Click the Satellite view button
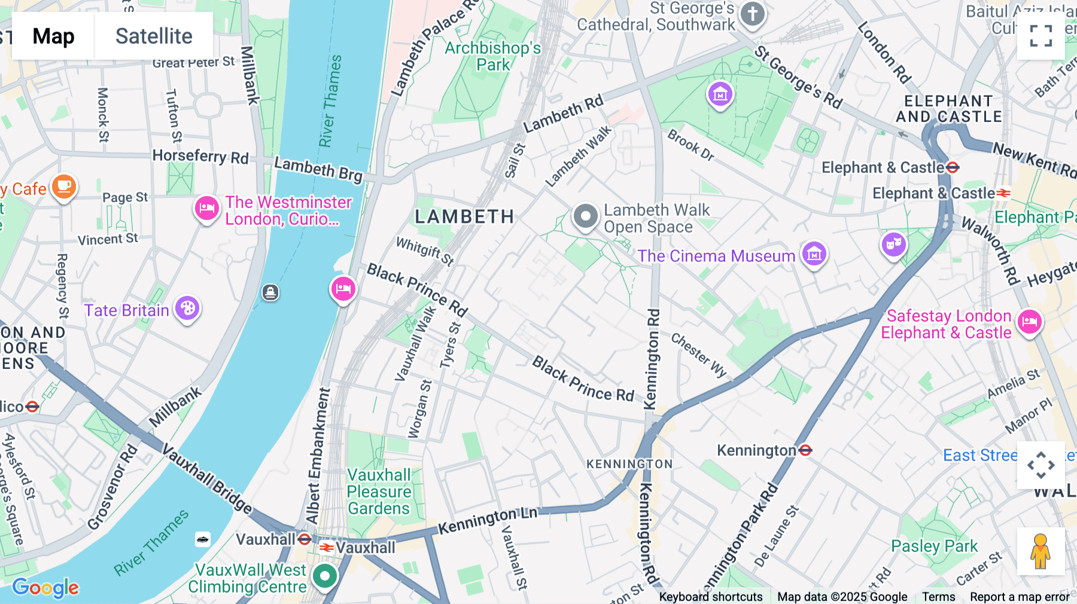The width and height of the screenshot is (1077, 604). pyautogui.click(x=154, y=36)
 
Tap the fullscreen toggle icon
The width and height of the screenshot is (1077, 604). pyautogui.click(x=1041, y=36)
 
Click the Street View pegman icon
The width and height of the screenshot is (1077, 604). pyautogui.click(x=1041, y=551)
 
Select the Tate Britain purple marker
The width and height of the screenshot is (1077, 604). pyautogui.click(x=187, y=309)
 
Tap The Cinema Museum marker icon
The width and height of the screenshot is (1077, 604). pyautogui.click(x=814, y=254)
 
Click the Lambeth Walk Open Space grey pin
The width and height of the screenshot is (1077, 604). pyautogui.click(x=585, y=216)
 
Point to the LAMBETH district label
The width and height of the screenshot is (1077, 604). pyautogui.click(x=464, y=216)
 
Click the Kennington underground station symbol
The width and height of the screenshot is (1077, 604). pyautogui.click(x=805, y=450)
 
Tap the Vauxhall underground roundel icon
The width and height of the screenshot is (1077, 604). pyautogui.click(x=305, y=539)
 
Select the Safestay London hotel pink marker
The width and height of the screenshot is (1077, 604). pyautogui.click(x=1030, y=322)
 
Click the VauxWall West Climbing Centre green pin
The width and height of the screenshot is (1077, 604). pyautogui.click(x=325, y=576)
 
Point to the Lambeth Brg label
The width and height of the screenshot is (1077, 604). pyautogui.click(x=318, y=169)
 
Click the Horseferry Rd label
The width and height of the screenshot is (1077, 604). pyautogui.click(x=200, y=156)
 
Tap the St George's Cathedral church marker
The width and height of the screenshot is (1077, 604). pyautogui.click(x=753, y=14)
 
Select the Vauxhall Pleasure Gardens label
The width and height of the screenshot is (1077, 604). pyautogui.click(x=379, y=492)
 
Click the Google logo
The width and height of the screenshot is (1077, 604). pyautogui.click(x=45, y=588)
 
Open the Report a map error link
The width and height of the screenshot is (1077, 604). pyautogui.click(x=1020, y=597)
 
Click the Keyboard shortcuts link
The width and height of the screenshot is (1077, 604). pyautogui.click(x=710, y=597)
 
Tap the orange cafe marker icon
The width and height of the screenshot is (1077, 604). pyautogui.click(x=64, y=187)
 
